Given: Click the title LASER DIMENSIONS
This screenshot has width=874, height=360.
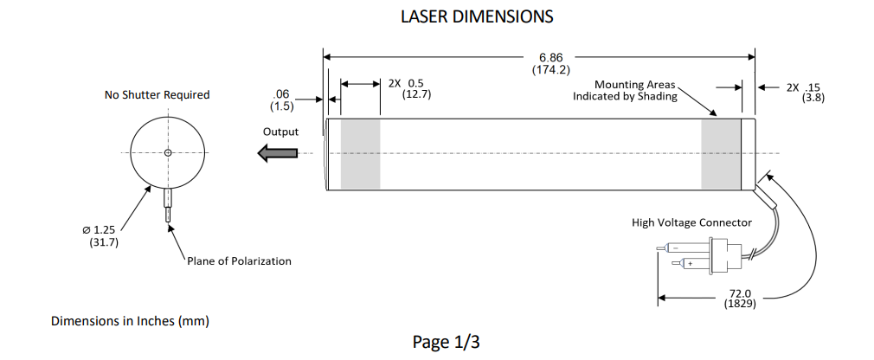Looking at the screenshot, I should (477, 16).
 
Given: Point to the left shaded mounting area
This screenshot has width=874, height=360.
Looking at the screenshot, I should (360, 153).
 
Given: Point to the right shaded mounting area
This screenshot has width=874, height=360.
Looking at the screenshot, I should (721, 153).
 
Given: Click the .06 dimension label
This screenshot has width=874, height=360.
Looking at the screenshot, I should (282, 93).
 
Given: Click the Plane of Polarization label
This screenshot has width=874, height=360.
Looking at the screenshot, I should (239, 261).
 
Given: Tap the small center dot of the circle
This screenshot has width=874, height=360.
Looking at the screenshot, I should (168, 153).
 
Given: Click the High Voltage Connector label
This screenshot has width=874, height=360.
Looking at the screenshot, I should (691, 222).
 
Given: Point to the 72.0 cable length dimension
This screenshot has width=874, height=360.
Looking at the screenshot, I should (738, 293).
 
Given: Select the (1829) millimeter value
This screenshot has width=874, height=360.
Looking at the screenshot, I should (738, 305).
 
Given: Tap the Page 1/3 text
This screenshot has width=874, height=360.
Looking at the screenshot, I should (446, 342).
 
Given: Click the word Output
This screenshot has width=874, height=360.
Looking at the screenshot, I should (280, 132).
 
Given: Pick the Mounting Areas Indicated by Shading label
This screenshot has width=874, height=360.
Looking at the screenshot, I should (627, 90).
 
